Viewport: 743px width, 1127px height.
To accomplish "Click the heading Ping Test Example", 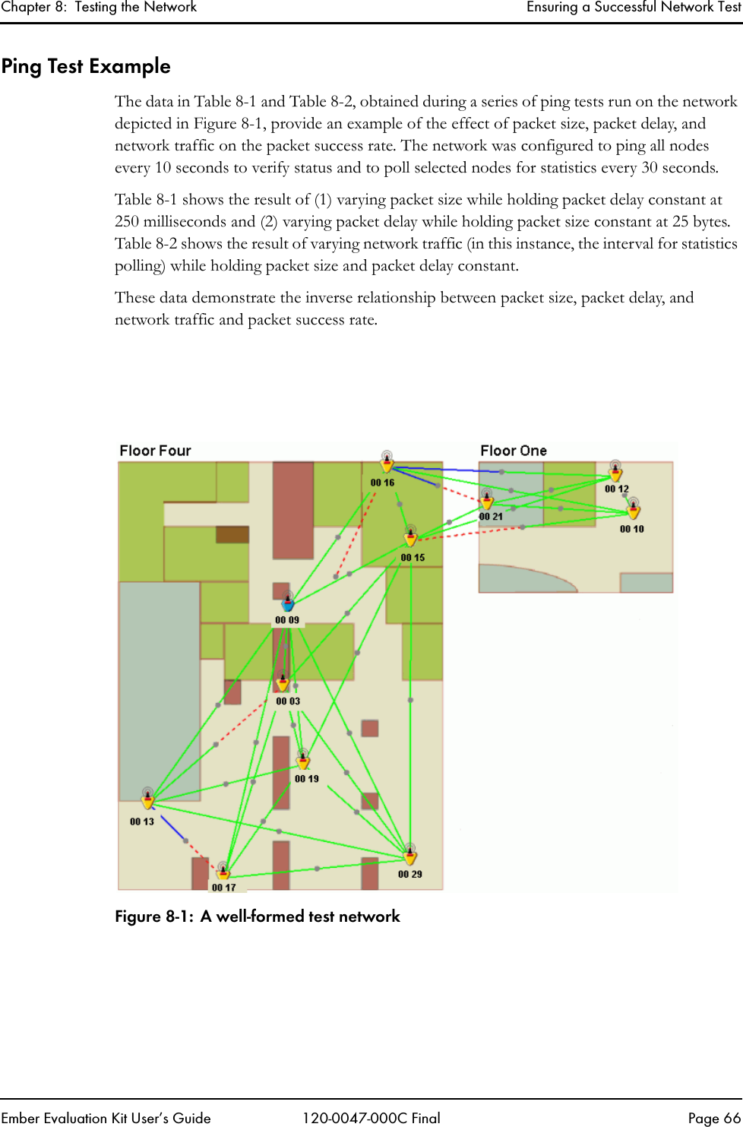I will [x=86, y=66].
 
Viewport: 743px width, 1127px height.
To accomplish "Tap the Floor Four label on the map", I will [x=155, y=451].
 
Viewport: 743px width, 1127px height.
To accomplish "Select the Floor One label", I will [x=513, y=451].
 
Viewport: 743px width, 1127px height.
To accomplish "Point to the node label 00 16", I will [x=382, y=483].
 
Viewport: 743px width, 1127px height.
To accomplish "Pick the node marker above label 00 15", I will [x=410, y=537].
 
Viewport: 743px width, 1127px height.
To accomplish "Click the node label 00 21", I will [x=490, y=517].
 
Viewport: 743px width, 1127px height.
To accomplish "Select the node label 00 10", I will [x=631, y=529].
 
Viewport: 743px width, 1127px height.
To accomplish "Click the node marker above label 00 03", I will [x=283, y=682].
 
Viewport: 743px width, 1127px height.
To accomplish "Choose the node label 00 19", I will [x=307, y=779].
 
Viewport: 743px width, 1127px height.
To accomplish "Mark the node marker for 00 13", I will [x=147, y=798].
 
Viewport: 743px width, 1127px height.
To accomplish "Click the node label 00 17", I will [x=224, y=888].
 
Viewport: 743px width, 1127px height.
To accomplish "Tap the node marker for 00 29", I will [x=410, y=855].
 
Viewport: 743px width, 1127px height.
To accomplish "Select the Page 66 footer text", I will [x=713, y=1118].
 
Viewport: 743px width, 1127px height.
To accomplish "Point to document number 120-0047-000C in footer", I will [x=371, y=1118].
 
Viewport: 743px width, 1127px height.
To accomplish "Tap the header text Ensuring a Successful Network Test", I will [x=633, y=8].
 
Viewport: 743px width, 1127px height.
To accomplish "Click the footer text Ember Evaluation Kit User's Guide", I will [x=106, y=1118].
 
